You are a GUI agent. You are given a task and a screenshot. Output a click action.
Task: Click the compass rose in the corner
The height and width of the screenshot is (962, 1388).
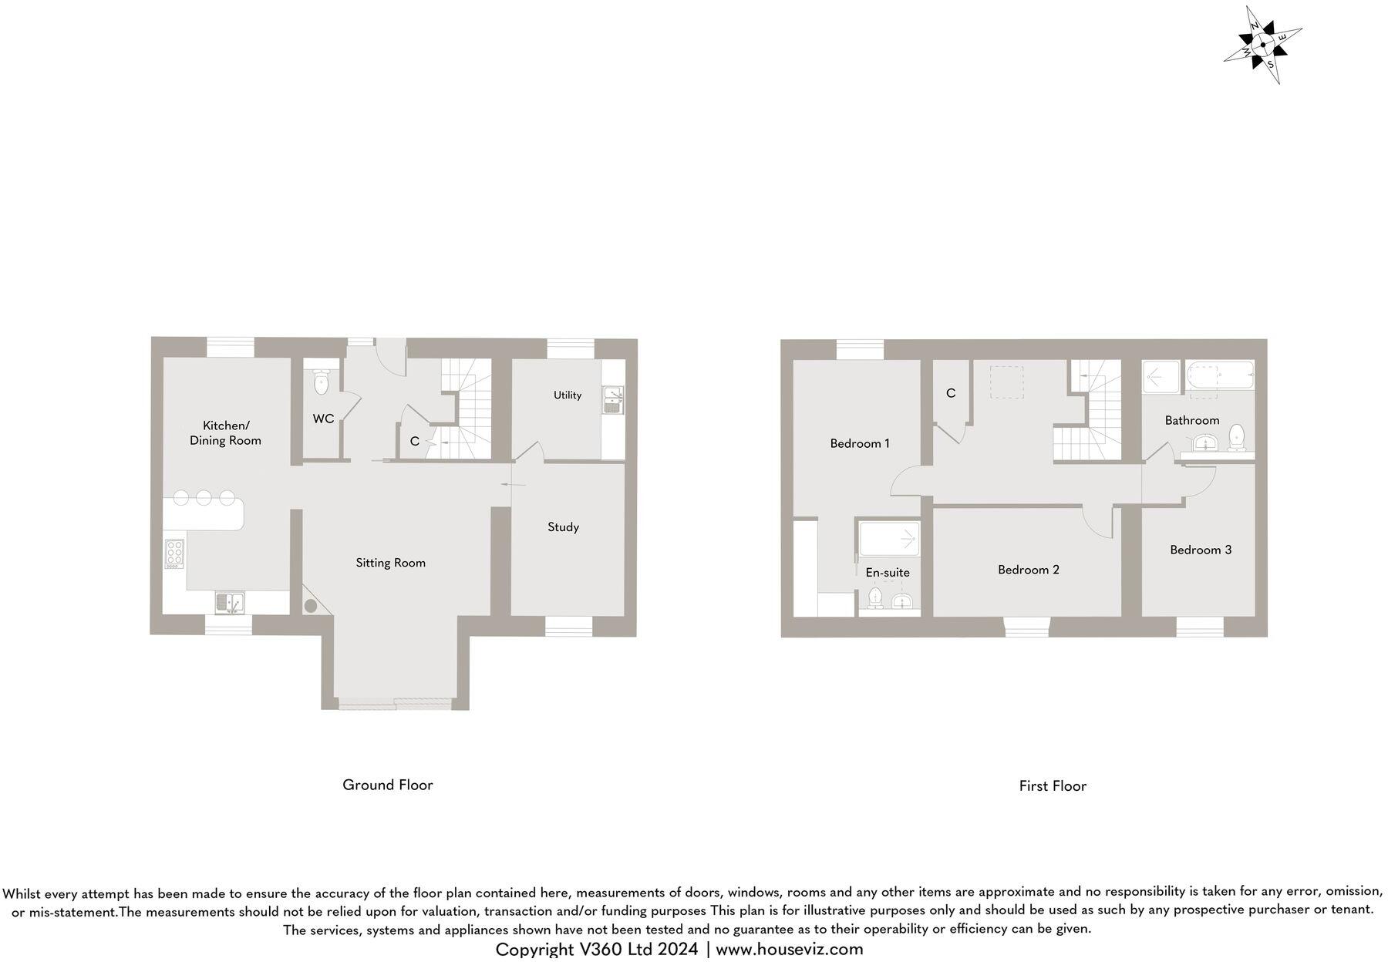point(1262,45)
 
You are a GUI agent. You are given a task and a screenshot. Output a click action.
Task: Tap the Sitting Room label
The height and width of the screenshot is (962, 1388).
point(390,563)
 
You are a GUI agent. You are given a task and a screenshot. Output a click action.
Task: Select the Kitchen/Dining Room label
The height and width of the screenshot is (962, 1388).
point(225,433)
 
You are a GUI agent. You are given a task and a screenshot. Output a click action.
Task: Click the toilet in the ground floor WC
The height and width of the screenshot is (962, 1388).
point(322,382)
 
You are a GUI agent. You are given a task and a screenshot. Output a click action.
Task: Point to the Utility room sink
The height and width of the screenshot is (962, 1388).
point(614,399)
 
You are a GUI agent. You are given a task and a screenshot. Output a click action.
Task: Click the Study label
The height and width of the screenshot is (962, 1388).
point(563,527)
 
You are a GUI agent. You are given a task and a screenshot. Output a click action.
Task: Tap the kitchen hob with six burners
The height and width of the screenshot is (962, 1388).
point(174,553)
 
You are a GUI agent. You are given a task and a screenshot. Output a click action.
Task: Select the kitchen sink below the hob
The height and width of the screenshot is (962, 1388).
point(229,602)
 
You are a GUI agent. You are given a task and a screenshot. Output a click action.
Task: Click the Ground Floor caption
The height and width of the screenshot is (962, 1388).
point(388,785)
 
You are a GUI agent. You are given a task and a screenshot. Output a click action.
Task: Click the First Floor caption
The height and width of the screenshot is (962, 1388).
point(1053,786)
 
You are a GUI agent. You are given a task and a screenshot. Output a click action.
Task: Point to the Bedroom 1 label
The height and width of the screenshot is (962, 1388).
point(860,443)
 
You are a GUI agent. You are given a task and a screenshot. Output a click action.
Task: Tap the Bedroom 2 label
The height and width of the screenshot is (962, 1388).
point(1029,570)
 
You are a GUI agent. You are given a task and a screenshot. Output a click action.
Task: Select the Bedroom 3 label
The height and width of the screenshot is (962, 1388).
point(1201,550)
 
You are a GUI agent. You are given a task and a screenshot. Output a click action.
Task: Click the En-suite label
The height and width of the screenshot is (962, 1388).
point(888,573)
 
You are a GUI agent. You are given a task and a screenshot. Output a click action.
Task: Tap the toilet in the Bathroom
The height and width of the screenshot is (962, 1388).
point(1236,437)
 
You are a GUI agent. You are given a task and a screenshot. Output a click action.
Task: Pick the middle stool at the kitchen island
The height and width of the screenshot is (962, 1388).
point(204,497)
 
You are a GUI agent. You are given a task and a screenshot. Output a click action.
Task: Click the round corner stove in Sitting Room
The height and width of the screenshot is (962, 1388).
point(311,606)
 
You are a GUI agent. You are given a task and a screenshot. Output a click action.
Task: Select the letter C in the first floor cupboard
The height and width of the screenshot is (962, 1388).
point(951,393)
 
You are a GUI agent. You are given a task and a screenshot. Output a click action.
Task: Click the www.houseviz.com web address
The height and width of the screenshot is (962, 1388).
point(790,950)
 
